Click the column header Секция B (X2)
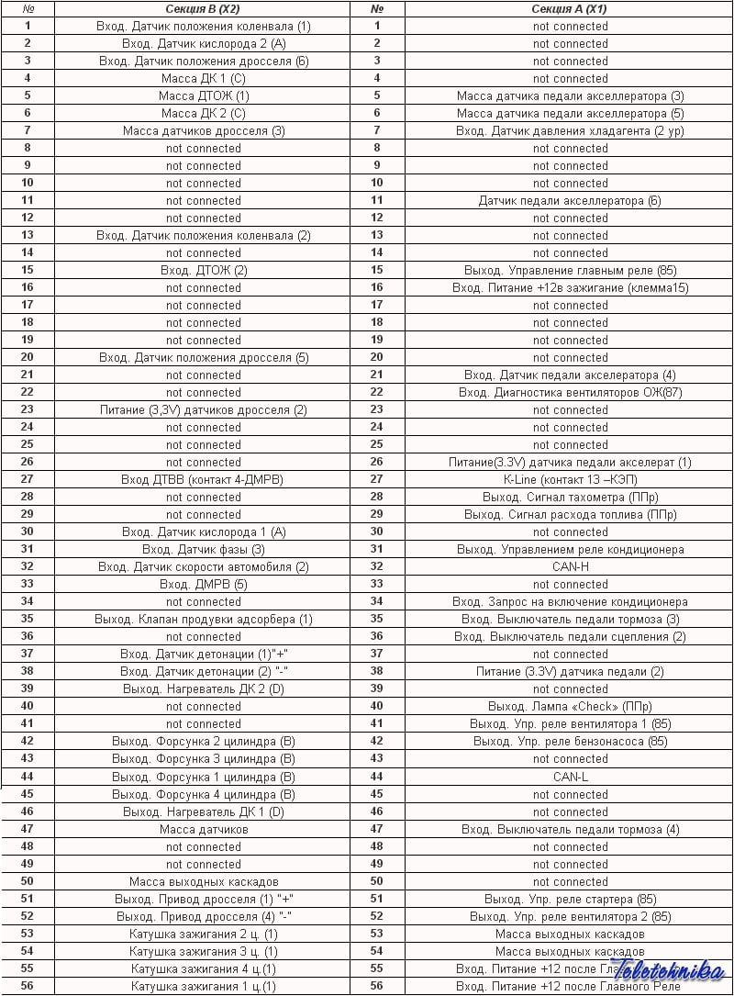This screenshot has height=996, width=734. (203, 9)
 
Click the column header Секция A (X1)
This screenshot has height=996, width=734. (570, 9)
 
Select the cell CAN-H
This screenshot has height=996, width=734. (570, 567)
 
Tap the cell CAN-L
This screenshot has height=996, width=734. (570, 777)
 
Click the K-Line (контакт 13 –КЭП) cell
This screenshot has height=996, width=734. (570, 480)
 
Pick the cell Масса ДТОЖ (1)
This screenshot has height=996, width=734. (203, 96)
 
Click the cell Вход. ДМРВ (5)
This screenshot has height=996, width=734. (203, 585)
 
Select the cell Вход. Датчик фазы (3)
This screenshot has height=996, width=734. (203, 550)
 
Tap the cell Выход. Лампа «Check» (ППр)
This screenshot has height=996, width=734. (570, 707)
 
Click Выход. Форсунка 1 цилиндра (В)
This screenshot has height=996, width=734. (203, 777)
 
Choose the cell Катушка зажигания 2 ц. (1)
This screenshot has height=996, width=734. (203, 934)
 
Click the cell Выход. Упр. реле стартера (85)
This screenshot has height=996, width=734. (570, 899)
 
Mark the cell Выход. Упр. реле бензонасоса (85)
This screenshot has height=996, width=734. (570, 742)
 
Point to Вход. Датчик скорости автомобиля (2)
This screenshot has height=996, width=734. (203, 567)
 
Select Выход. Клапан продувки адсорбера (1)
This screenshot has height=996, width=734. (203, 620)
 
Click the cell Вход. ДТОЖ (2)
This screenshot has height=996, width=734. (203, 271)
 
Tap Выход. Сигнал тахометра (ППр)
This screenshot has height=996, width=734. (570, 498)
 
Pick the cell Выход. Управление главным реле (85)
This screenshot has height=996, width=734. (570, 271)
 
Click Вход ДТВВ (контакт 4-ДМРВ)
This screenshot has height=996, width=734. (203, 480)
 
